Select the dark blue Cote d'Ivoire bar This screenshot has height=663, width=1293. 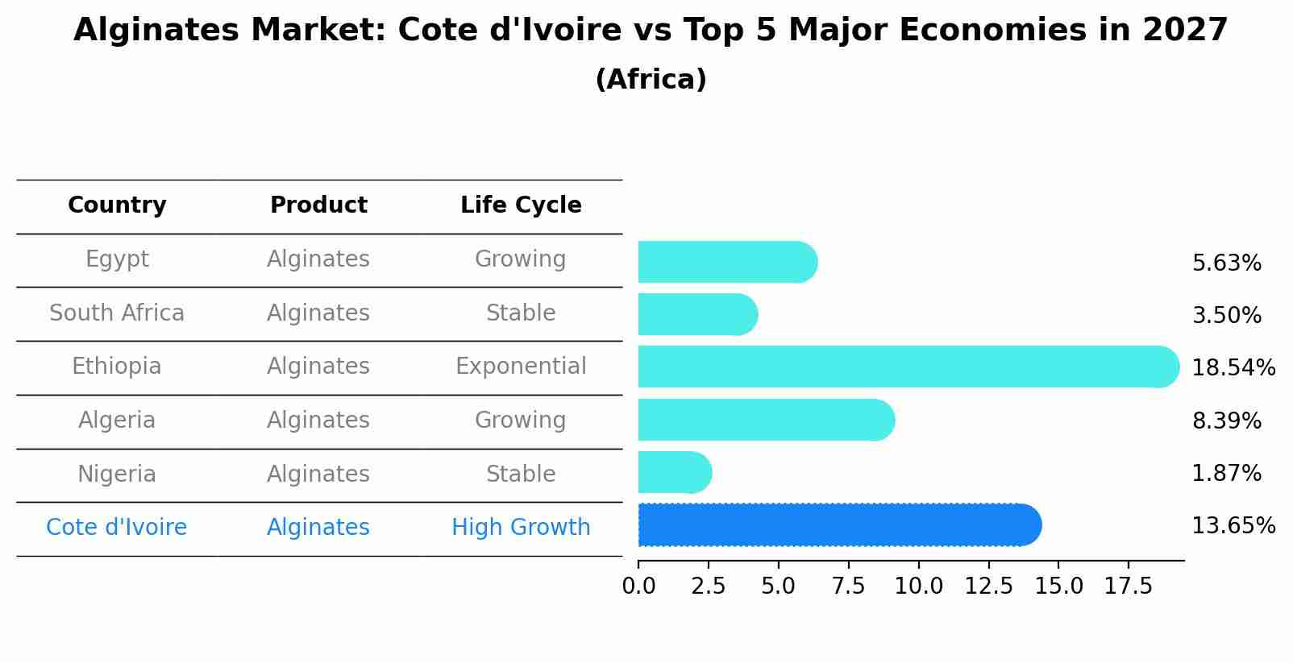(839, 525)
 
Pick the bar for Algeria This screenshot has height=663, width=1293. (766, 420)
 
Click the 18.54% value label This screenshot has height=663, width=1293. (1233, 368)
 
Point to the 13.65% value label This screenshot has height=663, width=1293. (1233, 526)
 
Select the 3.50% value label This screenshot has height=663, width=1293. (1226, 316)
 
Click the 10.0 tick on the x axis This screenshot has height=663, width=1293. (918, 586)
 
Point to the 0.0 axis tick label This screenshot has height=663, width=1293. (638, 586)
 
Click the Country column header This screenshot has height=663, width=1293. (117, 205)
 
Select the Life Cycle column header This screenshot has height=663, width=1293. (521, 205)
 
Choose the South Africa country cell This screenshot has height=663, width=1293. (117, 313)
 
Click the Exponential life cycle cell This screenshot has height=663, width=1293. (521, 367)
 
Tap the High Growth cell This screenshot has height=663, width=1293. (521, 528)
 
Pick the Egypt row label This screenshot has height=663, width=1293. (117, 259)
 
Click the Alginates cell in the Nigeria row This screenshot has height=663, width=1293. (318, 474)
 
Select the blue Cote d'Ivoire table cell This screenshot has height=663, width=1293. (117, 528)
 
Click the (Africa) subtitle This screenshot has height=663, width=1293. (651, 80)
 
